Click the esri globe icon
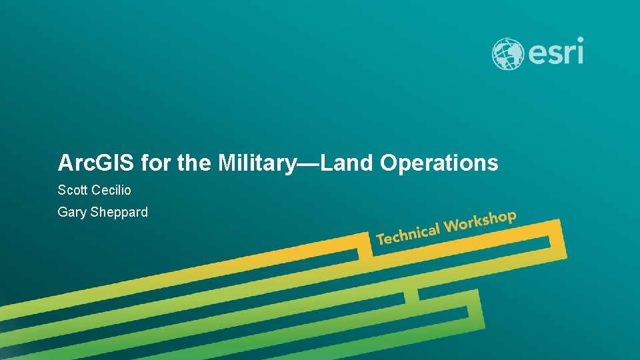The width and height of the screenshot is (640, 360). [x=507, y=54]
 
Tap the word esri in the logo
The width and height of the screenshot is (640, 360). [x=555, y=52]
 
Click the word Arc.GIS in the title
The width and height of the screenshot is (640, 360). [x=97, y=163]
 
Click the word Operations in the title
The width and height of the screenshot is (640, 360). [x=439, y=163]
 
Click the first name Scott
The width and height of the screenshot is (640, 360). [x=73, y=190]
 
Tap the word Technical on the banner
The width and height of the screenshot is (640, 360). [x=408, y=233]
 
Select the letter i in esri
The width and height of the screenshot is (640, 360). [x=579, y=51]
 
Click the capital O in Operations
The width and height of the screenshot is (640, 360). [x=389, y=163]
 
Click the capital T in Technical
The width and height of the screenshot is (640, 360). [x=381, y=238]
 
